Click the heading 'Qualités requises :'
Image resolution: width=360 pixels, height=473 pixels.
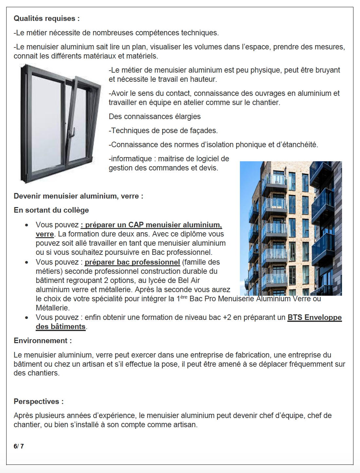tap(46, 19)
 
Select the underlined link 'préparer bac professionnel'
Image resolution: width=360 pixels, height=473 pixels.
tap(132, 262)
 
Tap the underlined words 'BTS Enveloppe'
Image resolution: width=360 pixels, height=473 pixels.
tap(315, 318)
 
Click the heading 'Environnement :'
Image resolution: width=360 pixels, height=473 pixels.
tap(43, 341)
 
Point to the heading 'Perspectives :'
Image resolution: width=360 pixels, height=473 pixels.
tap(39, 402)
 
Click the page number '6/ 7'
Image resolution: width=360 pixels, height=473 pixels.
tap(19, 447)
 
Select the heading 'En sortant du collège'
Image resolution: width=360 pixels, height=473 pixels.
tap(51, 210)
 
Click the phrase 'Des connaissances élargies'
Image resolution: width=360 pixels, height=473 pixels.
tap(154, 117)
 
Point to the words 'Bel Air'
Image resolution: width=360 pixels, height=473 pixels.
tap(189, 281)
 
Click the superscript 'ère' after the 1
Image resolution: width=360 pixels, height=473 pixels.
tap(184, 297)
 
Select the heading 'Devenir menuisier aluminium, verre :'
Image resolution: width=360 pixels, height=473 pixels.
tap(78, 196)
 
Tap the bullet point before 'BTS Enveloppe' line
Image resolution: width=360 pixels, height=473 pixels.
tap(27, 318)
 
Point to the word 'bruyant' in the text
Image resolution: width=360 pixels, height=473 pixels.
tap(327, 70)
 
